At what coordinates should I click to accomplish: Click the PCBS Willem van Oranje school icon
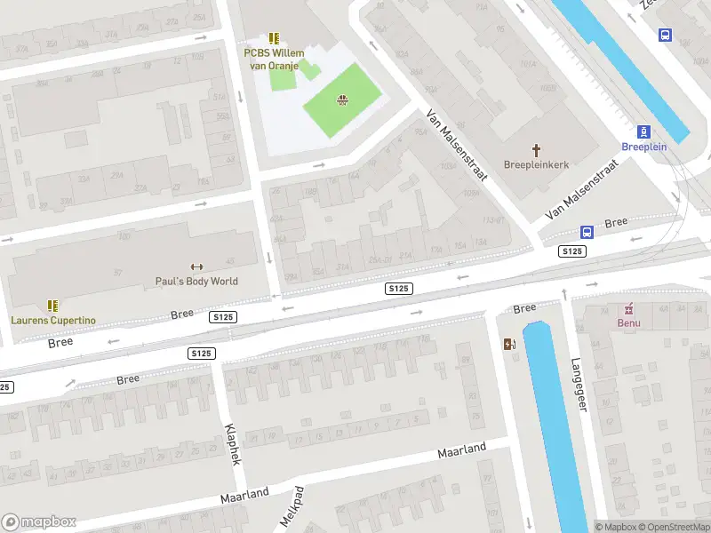274,38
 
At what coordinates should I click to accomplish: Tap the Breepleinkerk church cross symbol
536,150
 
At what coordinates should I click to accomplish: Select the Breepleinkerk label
536,164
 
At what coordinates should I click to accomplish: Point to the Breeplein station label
644,146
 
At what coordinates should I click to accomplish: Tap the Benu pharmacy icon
629,308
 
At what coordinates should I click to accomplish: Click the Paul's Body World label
197,281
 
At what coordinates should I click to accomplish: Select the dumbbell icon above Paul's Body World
197,266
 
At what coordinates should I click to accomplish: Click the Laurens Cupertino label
53,320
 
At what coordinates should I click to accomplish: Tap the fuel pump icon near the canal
508,345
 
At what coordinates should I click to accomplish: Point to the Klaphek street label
233,443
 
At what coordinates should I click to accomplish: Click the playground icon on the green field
341,99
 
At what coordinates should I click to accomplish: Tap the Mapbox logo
39,522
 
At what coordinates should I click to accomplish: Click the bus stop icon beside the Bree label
587,232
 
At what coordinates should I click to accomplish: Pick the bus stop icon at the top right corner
665,35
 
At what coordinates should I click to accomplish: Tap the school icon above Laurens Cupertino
52,305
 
